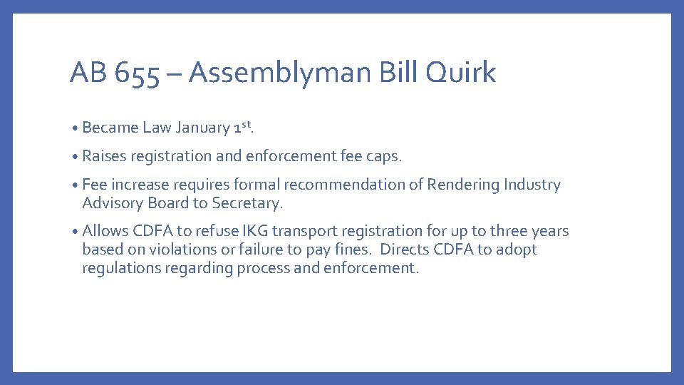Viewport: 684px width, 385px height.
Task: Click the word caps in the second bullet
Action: pos(386,157)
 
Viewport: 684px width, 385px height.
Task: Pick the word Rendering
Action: pos(463,185)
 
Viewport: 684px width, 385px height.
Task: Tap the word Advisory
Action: pos(111,204)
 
